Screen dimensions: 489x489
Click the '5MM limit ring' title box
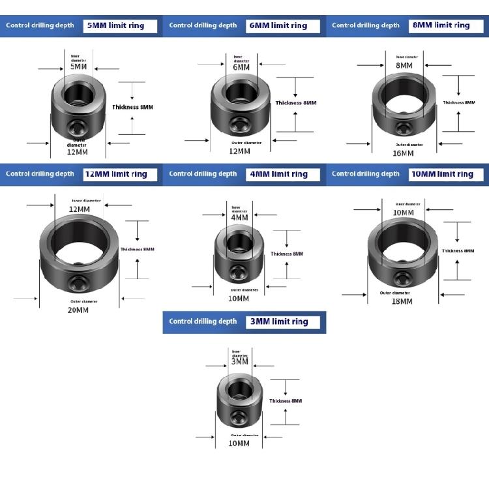pos(122,26)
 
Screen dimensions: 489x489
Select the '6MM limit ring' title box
pos(284,26)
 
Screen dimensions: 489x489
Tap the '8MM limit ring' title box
pos(447,25)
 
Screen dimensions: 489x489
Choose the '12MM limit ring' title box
pos(122,174)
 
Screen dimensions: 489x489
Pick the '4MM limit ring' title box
pos(284,174)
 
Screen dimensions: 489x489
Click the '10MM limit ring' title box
pos(447,174)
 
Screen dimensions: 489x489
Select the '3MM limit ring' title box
pos(284,321)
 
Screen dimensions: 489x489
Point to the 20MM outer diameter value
pos(78,310)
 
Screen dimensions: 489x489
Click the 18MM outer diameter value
pos(402,301)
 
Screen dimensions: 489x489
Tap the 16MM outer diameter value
pos(404,153)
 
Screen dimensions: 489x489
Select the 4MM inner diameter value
pos(239,218)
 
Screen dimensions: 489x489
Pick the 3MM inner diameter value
pos(239,361)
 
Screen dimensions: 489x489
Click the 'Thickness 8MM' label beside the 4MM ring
pos(287,254)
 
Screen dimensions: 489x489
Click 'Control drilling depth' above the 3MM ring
pos(203,321)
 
